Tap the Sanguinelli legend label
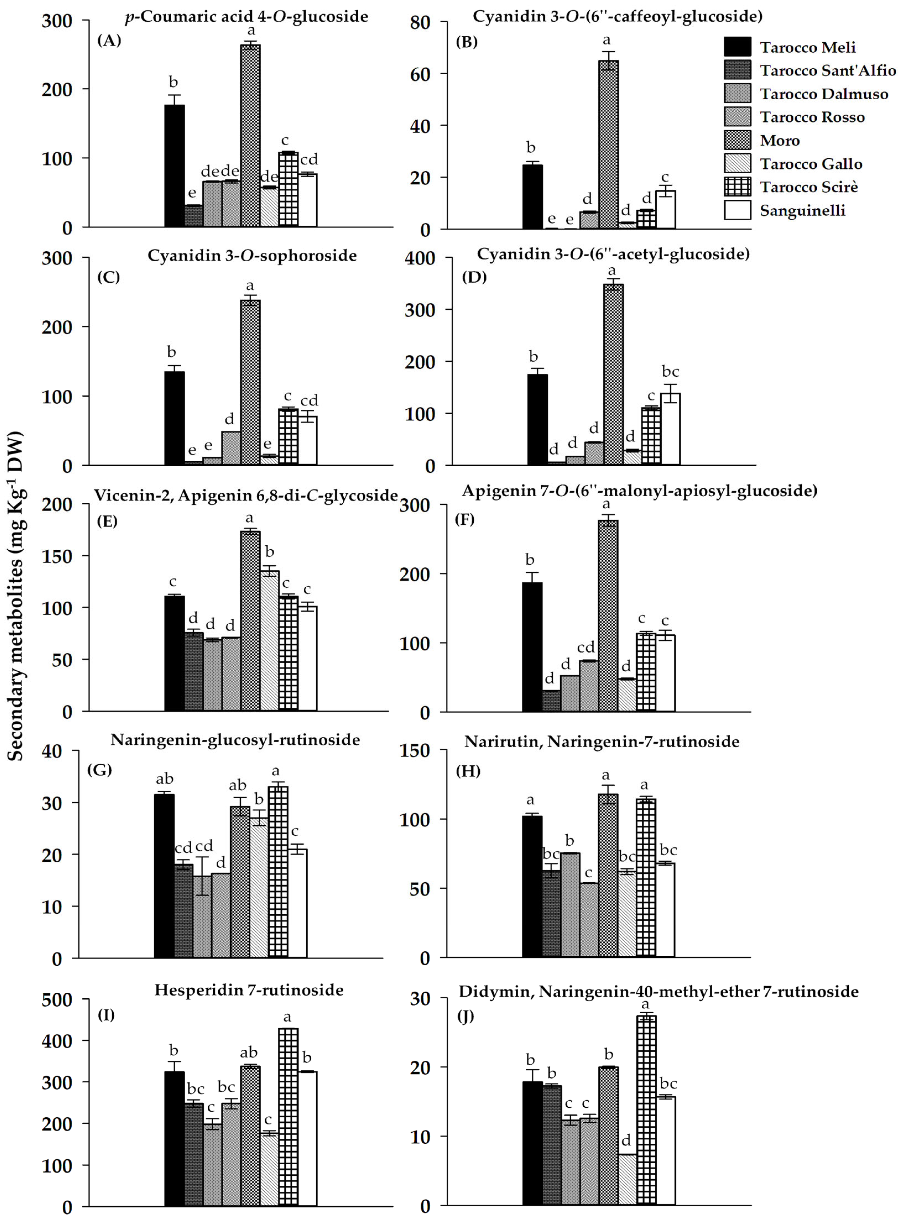pos(802,211)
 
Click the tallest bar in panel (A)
pos(250,135)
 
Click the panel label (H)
pos(468,771)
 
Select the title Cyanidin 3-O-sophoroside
pos(252,256)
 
